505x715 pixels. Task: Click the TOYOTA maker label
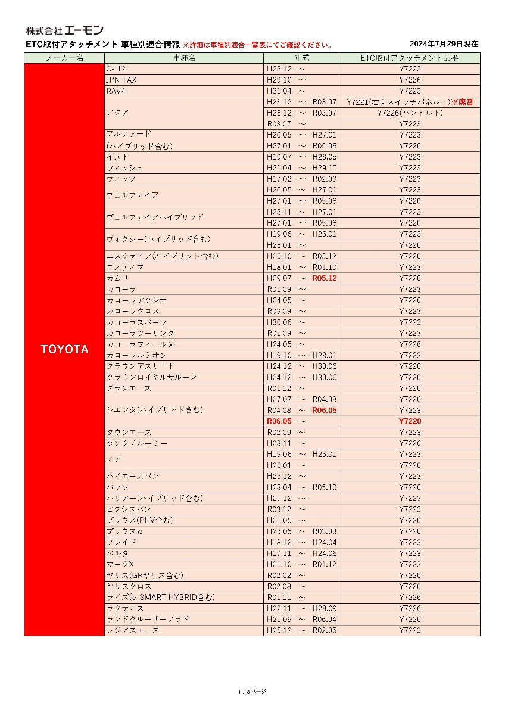pos(64,350)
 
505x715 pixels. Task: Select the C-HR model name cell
pos(116,69)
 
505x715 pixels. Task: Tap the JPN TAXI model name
pos(123,80)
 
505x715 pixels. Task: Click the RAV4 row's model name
pos(116,91)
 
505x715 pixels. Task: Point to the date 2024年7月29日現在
pos(444,44)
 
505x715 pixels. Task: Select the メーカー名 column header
pos(64,58)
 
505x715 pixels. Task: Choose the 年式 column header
pos(301,58)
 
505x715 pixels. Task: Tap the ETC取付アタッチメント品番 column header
pos(410,58)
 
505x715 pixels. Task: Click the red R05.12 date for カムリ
pos(325,278)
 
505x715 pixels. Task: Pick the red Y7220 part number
pos(410,421)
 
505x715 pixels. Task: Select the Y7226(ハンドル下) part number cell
pos(410,113)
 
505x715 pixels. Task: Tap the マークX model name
pos(120,564)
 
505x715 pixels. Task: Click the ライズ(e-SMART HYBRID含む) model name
pos(160,598)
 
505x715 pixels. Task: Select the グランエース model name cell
pos(129,388)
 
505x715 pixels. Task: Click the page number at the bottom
pos(252,692)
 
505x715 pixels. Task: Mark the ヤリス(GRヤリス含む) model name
pos(145,576)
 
